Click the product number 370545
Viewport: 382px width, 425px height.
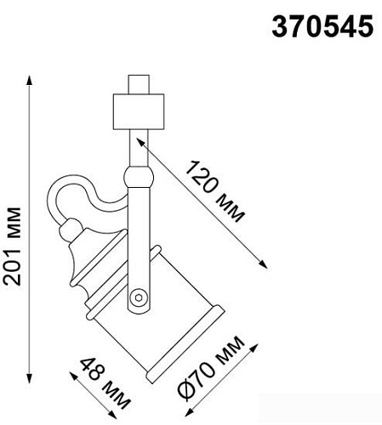(322, 26)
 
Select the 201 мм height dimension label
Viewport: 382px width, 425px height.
(12, 246)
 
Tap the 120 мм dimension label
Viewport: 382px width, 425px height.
(214, 192)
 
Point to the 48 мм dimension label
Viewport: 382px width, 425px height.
(105, 382)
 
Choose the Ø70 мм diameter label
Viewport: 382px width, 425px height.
(211, 368)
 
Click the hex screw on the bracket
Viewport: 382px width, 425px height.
(139, 297)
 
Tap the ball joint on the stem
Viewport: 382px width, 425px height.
(139, 177)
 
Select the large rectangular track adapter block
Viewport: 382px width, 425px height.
(139, 111)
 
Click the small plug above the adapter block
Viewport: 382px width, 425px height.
(139, 84)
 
